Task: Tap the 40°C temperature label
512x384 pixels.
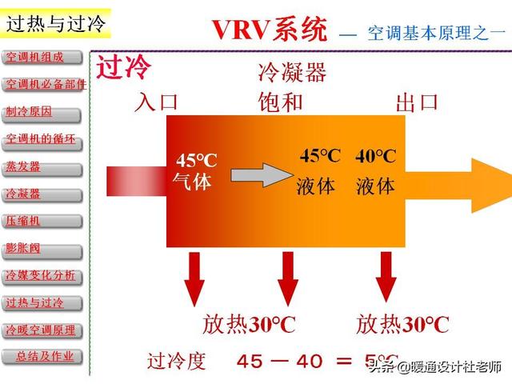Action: coord(375,157)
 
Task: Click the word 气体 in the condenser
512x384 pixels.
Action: coord(192,182)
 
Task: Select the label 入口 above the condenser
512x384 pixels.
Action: coord(156,102)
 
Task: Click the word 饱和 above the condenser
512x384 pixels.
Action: coord(281,102)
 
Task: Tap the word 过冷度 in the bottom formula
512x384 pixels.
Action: coord(176,361)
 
